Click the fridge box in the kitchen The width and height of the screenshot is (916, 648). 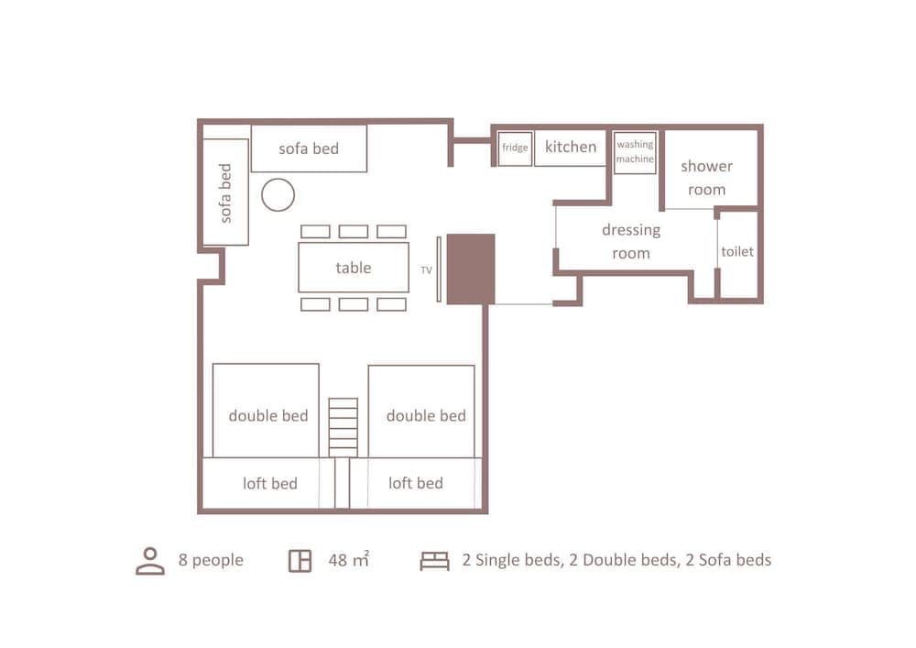click(x=515, y=148)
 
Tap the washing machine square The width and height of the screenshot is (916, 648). click(x=635, y=152)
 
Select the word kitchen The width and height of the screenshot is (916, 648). click(x=571, y=147)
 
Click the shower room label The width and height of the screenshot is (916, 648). click(x=706, y=178)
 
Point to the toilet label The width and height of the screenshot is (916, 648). click(x=737, y=251)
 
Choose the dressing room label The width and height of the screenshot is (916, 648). click(x=631, y=242)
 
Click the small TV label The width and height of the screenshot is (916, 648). click(x=426, y=270)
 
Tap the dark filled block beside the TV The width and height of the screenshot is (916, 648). click(x=471, y=269)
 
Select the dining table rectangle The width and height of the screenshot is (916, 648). click(x=354, y=268)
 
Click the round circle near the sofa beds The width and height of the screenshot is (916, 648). click(x=278, y=195)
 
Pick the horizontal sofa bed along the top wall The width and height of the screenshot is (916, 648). click(x=309, y=148)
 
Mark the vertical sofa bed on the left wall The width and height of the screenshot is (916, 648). click(x=225, y=192)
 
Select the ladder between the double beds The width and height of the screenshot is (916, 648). click(x=343, y=426)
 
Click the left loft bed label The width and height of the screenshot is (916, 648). click(x=269, y=483)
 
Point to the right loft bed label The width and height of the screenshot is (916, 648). click(x=415, y=483)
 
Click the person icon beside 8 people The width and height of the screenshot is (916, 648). click(x=150, y=561)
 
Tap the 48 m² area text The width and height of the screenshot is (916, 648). click(x=348, y=559)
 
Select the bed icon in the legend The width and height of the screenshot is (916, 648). click(x=434, y=561)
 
